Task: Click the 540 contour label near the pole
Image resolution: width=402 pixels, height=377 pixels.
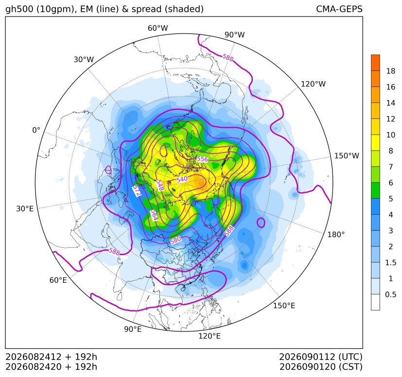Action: [182, 179]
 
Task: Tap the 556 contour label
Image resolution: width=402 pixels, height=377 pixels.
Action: [202, 159]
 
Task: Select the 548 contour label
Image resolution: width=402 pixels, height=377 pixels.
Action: [160, 185]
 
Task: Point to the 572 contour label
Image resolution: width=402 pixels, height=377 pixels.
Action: [137, 191]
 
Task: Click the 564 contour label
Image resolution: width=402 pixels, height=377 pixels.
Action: [154, 215]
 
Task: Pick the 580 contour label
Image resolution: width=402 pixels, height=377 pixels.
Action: [175, 240]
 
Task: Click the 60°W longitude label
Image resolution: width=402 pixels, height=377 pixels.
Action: [157, 28]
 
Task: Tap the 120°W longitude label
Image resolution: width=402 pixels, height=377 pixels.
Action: [313, 84]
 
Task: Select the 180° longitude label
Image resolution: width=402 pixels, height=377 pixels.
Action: [336, 235]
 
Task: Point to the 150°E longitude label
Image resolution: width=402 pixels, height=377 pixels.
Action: [284, 306]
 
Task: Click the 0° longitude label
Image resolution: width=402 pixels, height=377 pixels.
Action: [36, 130]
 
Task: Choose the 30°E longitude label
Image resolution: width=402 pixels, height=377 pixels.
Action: [25, 208]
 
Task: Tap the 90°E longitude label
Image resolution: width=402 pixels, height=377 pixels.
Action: [133, 329]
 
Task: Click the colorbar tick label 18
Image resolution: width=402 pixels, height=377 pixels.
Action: [391, 71]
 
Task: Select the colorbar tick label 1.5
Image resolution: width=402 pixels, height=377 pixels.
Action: [391, 262]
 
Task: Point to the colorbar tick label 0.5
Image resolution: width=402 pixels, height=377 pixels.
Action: [391, 294]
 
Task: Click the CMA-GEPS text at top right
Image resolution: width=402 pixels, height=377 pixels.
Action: [339, 9]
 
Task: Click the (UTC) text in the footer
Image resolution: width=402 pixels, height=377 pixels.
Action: [350, 357]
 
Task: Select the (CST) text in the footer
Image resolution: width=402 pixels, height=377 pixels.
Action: [350, 367]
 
